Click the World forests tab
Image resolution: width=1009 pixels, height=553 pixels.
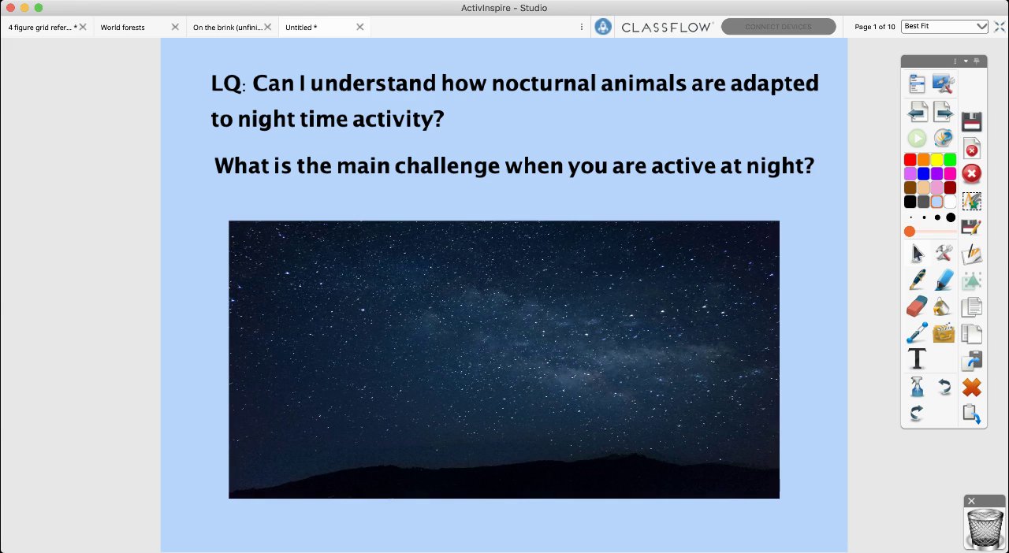122,27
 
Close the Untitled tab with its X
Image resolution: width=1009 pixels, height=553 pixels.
360,27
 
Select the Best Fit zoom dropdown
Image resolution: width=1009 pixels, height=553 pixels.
944,27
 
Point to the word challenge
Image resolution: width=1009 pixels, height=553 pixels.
447,165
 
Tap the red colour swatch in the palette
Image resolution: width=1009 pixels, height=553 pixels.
910,159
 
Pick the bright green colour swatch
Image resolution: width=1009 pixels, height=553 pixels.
950,159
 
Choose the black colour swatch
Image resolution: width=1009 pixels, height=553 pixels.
910,202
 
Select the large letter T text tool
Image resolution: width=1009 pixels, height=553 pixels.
917,359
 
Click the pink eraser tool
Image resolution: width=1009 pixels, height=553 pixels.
916,306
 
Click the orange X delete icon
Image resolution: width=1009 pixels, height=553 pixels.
972,388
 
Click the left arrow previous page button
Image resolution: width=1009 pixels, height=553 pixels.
917,111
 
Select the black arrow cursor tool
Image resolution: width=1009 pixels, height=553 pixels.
917,253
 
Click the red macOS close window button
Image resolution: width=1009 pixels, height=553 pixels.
11,8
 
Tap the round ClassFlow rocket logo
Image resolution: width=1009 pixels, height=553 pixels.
603,27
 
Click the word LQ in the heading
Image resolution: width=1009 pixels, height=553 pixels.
226,84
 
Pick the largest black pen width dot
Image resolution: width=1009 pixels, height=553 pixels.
951,217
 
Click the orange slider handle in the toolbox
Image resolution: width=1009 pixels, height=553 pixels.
910,232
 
